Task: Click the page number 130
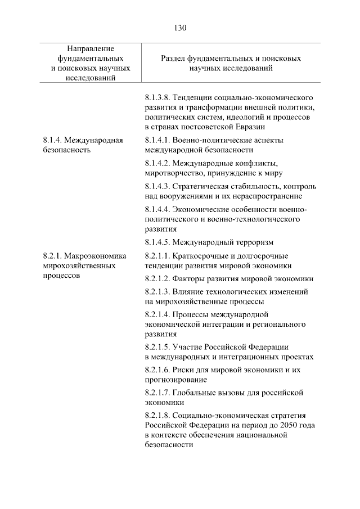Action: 180,28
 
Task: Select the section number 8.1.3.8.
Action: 159,97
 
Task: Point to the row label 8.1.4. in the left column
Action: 53,140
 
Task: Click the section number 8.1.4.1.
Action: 159,140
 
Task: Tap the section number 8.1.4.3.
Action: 159,186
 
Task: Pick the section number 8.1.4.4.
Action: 159,209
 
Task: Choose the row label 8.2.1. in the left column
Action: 53,256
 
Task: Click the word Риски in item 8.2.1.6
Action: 186,370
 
